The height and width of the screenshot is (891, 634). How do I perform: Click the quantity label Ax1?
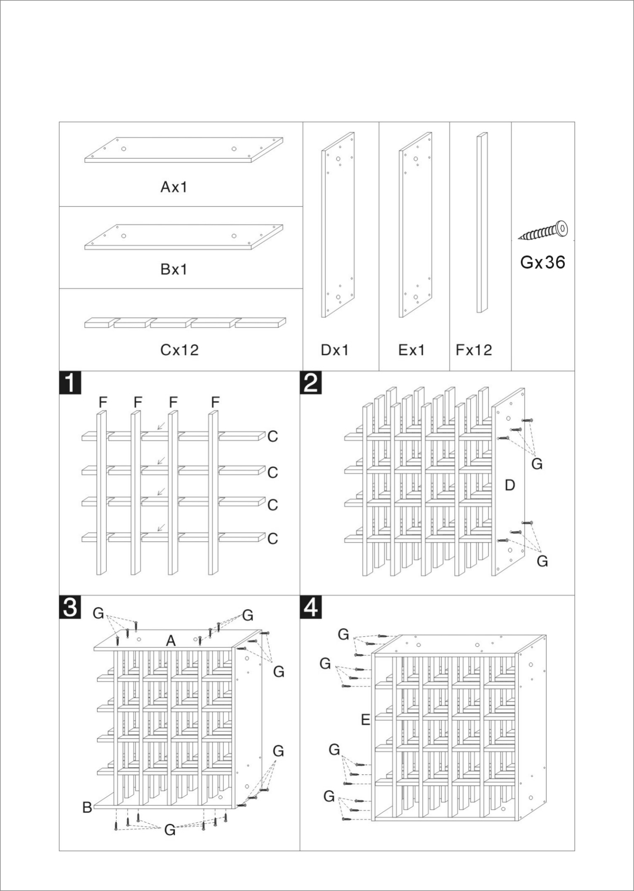pyautogui.click(x=174, y=187)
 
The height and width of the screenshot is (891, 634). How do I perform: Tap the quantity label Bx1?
pyautogui.click(x=174, y=270)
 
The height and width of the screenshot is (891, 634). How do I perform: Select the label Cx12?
pyautogui.click(x=179, y=350)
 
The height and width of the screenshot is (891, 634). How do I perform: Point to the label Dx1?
pyautogui.click(x=334, y=350)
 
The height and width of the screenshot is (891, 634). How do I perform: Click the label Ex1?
pyautogui.click(x=411, y=350)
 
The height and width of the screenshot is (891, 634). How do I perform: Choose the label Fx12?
pyautogui.click(x=474, y=350)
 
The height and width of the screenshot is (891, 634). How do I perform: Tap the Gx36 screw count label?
pyautogui.click(x=543, y=262)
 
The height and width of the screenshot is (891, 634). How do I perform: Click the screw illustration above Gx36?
pyautogui.click(x=544, y=231)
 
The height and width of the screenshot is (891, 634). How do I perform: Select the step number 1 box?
pyautogui.click(x=70, y=383)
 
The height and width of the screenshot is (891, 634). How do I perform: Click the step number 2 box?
pyautogui.click(x=311, y=383)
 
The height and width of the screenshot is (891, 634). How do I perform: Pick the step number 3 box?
pyautogui.click(x=70, y=607)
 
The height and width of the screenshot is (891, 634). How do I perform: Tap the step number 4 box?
pyautogui.click(x=311, y=607)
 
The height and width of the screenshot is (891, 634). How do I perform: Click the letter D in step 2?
pyautogui.click(x=509, y=485)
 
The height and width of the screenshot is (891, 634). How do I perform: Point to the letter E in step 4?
pyautogui.click(x=366, y=720)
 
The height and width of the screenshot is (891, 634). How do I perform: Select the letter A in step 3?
pyautogui.click(x=171, y=641)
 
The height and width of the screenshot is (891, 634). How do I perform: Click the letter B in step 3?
pyautogui.click(x=87, y=807)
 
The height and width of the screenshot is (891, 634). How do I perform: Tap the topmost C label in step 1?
pyautogui.click(x=273, y=436)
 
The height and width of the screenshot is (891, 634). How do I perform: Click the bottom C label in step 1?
pyautogui.click(x=273, y=539)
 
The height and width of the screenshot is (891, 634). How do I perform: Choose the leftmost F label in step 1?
pyautogui.click(x=103, y=402)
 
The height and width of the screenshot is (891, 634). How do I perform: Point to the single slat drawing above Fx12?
pyautogui.click(x=482, y=223)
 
